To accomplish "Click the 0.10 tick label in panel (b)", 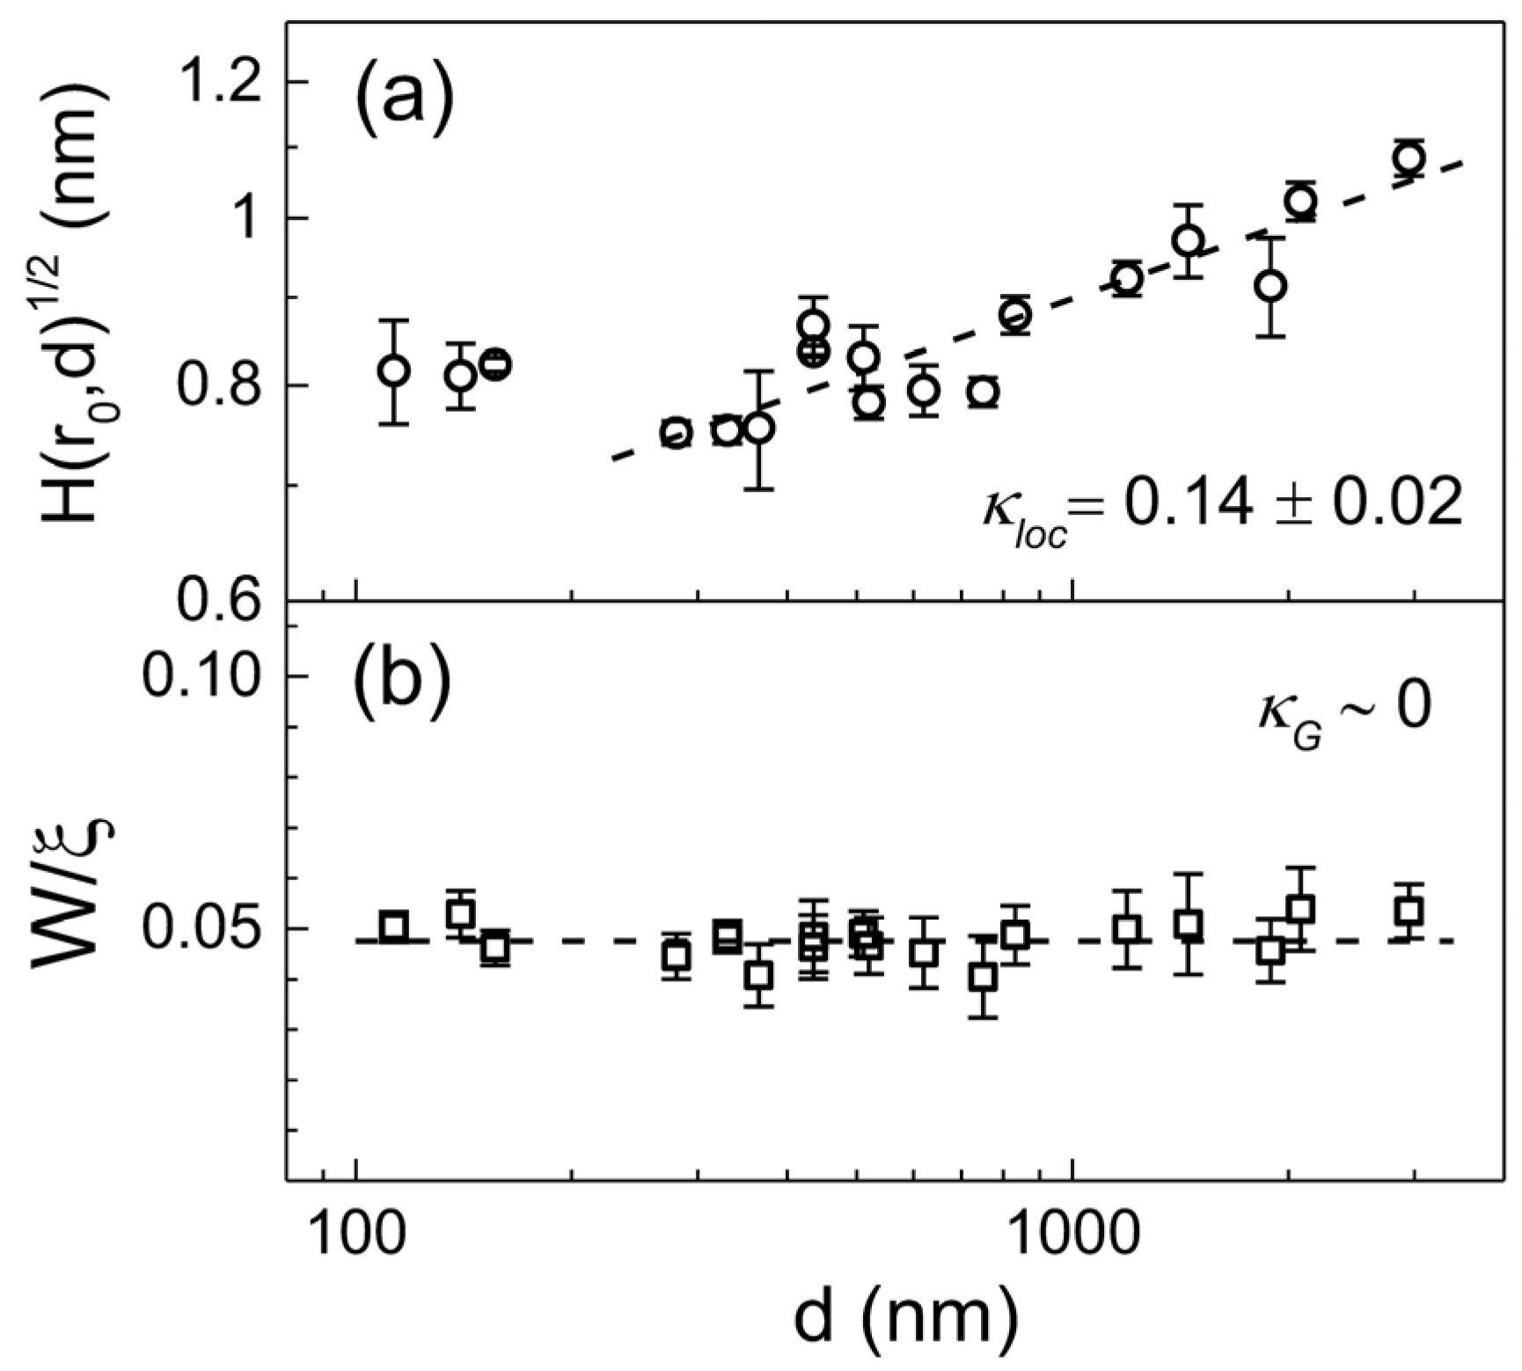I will click(x=202, y=676).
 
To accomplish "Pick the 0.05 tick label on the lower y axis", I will click(x=202, y=927).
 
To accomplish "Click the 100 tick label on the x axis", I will click(x=355, y=1236).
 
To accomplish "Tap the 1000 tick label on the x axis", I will click(x=1072, y=1236).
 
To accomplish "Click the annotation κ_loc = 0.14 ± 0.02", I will click(x=1223, y=508).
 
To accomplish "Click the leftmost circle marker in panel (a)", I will click(x=394, y=371).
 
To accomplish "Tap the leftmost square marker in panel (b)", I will click(x=394, y=926).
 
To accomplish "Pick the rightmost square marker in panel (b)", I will click(x=1410, y=910).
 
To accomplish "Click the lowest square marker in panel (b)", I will click(x=984, y=976).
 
